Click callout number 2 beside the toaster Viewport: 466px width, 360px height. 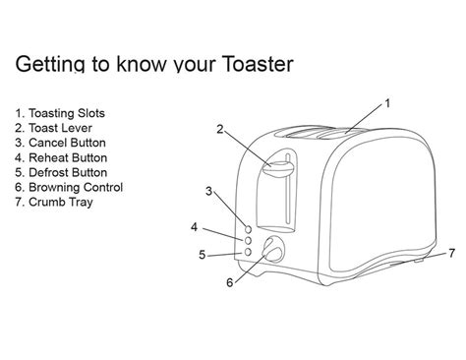(x=220, y=129)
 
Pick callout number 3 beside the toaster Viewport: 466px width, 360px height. (x=207, y=190)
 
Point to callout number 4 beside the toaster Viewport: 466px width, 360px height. (x=195, y=227)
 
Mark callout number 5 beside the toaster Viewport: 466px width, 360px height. (x=202, y=255)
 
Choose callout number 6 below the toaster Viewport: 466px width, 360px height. (x=230, y=283)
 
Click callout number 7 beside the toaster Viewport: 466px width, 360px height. (x=451, y=252)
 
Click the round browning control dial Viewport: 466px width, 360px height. (x=272, y=251)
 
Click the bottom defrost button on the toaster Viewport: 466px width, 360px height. (x=247, y=252)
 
